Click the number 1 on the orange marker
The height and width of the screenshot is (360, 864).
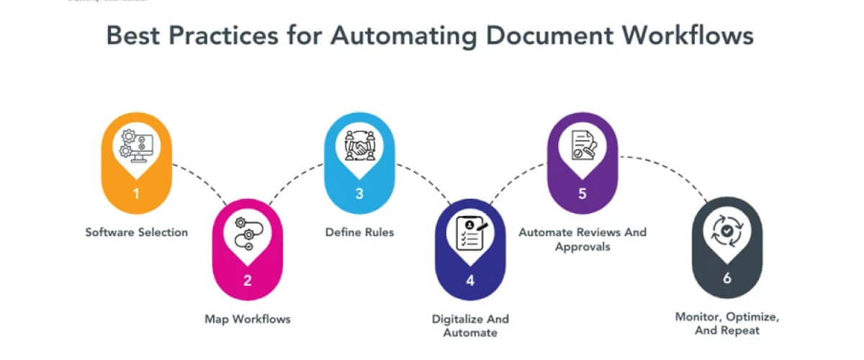tap(137, 194)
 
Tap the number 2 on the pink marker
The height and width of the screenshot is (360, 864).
tap(248, 280)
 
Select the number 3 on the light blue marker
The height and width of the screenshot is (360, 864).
tap(359, 194)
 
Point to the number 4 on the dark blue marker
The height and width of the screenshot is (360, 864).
tap(470, 280)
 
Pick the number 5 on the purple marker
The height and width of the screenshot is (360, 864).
tap(582, 194)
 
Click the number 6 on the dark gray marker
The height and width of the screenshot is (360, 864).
tap(726, 278)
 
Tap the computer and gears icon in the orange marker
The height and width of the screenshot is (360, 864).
tap(137, 145)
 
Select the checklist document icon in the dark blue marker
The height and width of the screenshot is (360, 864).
tap(470, 233)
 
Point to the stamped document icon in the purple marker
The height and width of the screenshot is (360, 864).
tap(582, 144)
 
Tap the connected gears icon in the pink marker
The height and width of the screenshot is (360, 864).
tap(248, 233)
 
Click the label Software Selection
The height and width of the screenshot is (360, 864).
tap(137, 233)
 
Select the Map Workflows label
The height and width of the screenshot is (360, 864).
tap(248, 318)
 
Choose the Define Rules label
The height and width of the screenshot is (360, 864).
tap(359, 233)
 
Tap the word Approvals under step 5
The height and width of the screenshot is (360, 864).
tap(582, 246)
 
